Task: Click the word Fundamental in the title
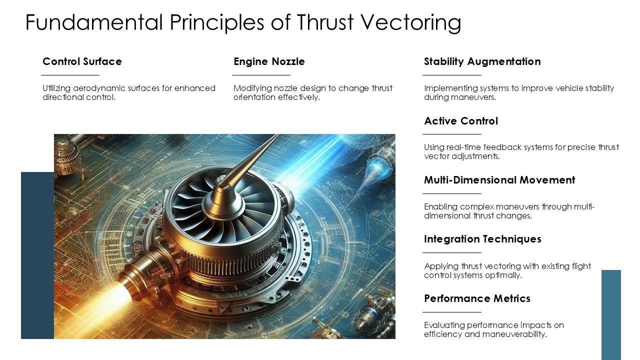point(94,22)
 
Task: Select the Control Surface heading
point(82,61)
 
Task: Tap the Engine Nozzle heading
point(269,61)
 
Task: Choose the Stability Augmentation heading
point(482,61)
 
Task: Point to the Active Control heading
point(460,121)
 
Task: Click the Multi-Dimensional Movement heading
point(499,180)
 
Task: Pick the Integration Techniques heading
point(482,239)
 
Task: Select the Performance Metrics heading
point(476,298)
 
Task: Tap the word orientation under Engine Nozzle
point(253,97)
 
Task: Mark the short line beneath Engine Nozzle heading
point(261,75)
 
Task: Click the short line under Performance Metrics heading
point(451,312)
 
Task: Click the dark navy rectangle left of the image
point(37,255)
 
